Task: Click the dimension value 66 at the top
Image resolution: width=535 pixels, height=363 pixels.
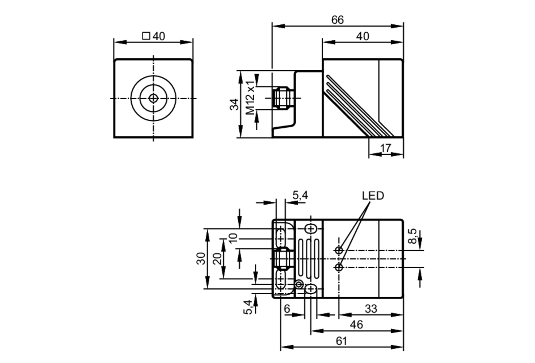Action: (337, 20)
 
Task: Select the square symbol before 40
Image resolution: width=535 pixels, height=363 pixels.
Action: (146, 36)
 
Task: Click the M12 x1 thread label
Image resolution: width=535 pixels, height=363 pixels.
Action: (250, 98)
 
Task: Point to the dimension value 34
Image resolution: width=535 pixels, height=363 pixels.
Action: (235, 104)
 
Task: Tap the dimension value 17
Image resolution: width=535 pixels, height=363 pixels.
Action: (385, 148)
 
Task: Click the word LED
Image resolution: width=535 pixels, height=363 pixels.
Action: (373, 196)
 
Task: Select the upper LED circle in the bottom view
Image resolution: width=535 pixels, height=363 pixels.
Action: (339, 250)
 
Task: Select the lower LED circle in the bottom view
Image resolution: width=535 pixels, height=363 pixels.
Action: (339, 267)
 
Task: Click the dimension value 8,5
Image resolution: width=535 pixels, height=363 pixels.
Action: (412, 236)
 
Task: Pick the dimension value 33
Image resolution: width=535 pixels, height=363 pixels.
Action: (371, 309)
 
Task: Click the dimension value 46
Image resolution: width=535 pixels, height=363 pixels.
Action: (356, 325)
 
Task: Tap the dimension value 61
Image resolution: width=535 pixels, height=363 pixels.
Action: (341, 341)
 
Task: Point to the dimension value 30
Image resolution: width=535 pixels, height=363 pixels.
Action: (201, 258)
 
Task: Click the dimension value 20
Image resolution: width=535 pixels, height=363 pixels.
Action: (217, 258)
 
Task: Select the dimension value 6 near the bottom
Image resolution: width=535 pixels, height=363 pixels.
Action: (287, 309)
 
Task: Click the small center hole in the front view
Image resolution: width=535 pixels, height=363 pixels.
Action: (153, 98)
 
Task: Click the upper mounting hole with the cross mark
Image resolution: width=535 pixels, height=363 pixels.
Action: (311, 229)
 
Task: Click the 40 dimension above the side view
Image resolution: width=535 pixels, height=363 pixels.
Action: (362, 36)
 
